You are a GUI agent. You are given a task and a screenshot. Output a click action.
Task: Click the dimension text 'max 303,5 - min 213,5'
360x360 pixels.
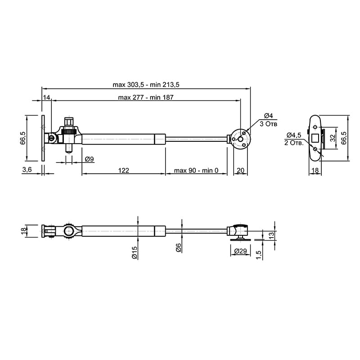pyautogui.click(x=146, y=85)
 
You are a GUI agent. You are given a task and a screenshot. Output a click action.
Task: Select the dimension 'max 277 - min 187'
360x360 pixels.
pyautogui.click(x=145, y=97)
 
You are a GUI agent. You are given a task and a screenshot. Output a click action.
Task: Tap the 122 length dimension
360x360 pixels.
pyautogui.click(x=123, y=171)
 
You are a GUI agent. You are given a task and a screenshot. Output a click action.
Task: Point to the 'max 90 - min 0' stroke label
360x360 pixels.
pyautogui.click(x=196, y=171)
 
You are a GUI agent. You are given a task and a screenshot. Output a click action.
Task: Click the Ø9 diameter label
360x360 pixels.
pyautogui.click(x=89, y=159)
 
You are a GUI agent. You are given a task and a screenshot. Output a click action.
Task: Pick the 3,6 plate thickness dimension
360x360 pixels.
pyautogui.click(x=27, y=170)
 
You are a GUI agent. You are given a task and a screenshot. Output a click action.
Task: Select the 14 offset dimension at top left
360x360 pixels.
pyautogui.click(x=46, y=97)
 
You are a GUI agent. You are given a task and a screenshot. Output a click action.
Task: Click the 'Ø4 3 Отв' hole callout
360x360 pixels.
pyautogui.click(x=268, y=120)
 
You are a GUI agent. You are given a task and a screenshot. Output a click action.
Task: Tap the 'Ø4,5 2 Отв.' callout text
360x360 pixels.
pyautogui.click(x=294, y=139)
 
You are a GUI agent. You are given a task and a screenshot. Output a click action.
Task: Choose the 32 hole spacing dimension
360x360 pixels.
pyautogui.click(x=333, y=138)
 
